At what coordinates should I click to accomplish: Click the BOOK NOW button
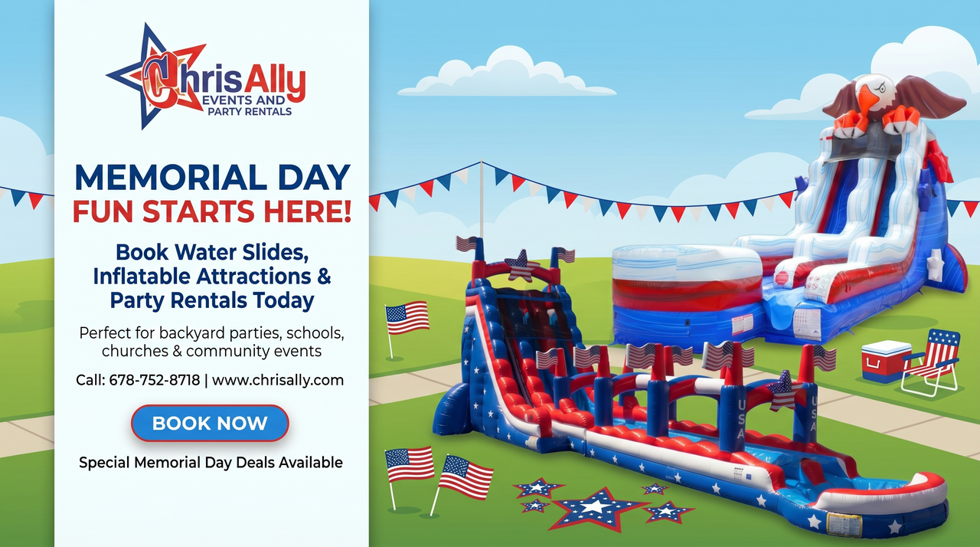[x=210, y=423]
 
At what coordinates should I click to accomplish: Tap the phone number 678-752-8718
[x=155, y=380]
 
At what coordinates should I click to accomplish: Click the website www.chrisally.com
[x=278, y=380]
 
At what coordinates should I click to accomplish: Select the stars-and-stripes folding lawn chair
[x=932, y=362]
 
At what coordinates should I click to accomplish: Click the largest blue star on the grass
[x=598, y=508]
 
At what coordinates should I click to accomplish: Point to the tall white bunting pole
[x=482, y=204]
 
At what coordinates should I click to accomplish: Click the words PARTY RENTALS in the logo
[x=250, y=112]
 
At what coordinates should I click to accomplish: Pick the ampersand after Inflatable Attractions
[x=323, y=276]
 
